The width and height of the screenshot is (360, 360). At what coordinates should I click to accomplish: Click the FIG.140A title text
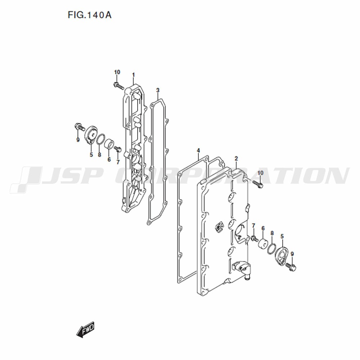pyautogui.click(x=90, y=15)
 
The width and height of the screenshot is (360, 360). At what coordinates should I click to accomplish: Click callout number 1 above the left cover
pyautogui.click(x=134, y=75)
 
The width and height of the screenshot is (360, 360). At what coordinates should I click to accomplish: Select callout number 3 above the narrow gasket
pyautogui.click(x=158, y=90)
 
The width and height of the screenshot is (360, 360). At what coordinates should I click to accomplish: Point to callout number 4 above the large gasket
pyautogui.click(x=198, y=150)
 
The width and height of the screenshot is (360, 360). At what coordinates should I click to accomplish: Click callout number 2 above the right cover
pyautogui.click(x=236, y=158)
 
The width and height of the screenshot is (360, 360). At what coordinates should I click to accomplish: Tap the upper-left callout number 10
pyautogui.click(x=117, y=72)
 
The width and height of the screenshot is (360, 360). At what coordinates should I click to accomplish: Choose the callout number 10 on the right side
pyautogui.click(x=260, y=173)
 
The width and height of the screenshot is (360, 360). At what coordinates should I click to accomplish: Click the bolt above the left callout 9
pyautogui.click(x=80, y=127)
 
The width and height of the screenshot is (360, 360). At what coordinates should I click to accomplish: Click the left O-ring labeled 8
pyautogui.click(x=100, y=139)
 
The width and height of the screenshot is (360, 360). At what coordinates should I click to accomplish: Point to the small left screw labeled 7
pyautogui.click(x=117, y=149)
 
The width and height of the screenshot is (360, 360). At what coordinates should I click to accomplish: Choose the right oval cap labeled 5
pyautogui.click(x=282, y=255)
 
